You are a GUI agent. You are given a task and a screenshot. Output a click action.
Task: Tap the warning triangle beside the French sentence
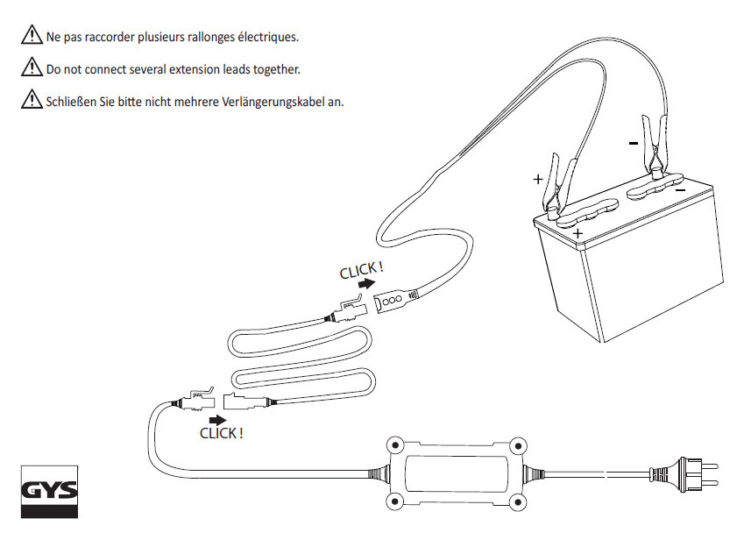(31, 38)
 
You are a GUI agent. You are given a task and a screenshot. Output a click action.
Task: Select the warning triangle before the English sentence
(31, 68)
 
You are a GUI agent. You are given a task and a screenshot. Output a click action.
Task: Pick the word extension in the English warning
(187, 68)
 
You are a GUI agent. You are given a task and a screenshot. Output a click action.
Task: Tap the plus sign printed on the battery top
(577, 234)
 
